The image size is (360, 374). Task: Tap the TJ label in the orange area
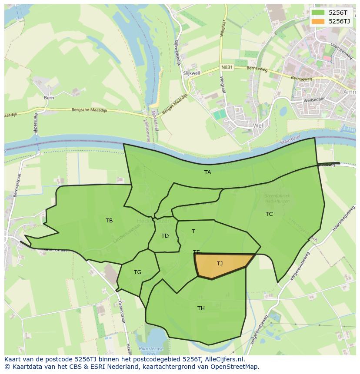(x=220, y=264)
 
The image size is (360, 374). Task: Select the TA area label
(x=208, y=172)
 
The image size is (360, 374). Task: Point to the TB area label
(x=109, y=221)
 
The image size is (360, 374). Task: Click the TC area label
(x=269, y=214)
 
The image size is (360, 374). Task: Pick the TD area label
(x=165, y=236)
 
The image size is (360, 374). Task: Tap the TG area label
(x=137, y=272)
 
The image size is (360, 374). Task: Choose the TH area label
(x=201, y=308)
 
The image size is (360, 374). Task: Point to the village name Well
(x=259, y=126)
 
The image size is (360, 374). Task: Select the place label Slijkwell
(x=191, y=73)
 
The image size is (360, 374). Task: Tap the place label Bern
(x=49, y=98)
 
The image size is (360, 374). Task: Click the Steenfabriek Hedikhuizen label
(x=277, y=199)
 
